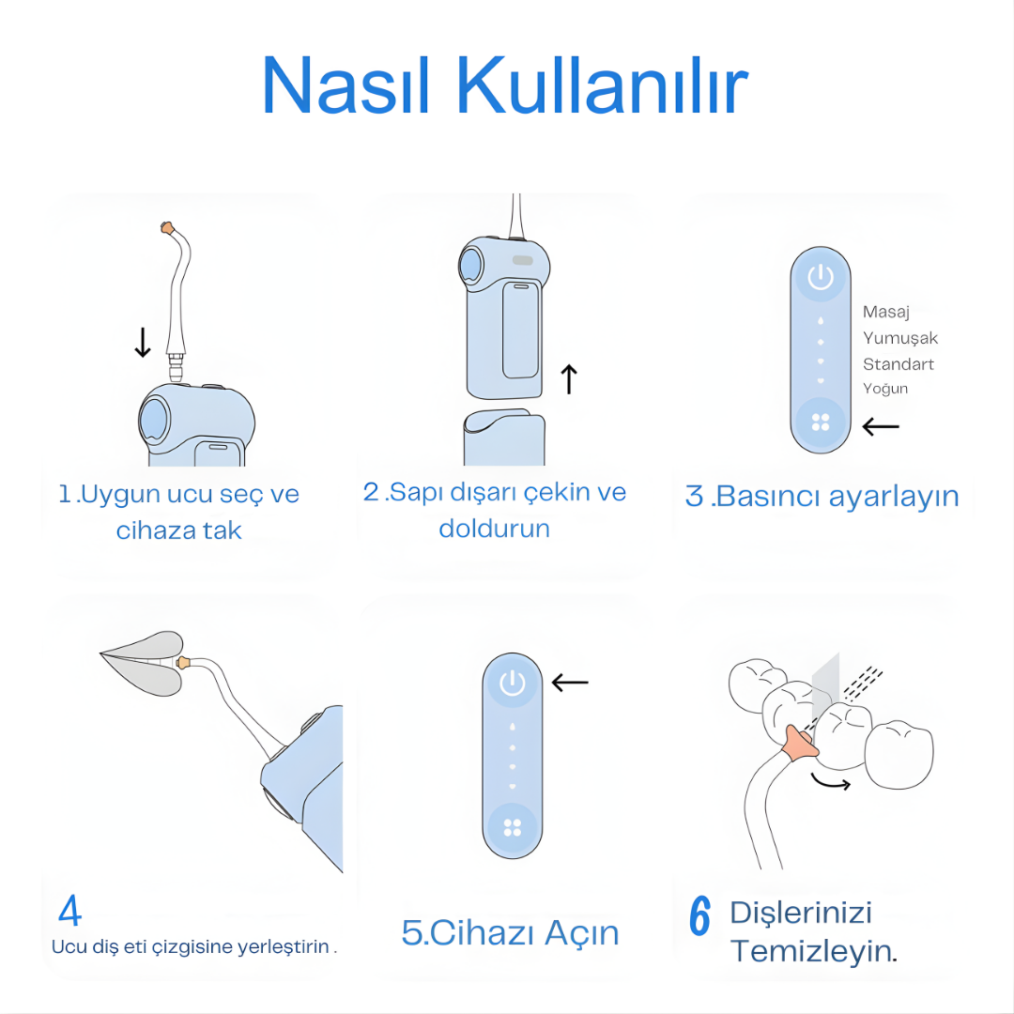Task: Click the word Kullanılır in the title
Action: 602,86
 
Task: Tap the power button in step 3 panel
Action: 821,277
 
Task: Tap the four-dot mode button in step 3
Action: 821,422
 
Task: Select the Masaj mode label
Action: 886,313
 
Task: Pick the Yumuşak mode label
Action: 900,338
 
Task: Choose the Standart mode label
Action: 899,363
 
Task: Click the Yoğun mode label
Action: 885,389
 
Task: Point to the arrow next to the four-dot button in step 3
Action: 880,427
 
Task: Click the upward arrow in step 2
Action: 569,378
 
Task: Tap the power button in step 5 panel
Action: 513,683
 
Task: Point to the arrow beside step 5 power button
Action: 570,683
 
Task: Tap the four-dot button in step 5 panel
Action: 513,827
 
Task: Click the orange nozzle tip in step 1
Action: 168,227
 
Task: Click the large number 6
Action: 699,916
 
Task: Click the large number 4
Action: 69,911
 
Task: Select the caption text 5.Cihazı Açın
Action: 510,932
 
